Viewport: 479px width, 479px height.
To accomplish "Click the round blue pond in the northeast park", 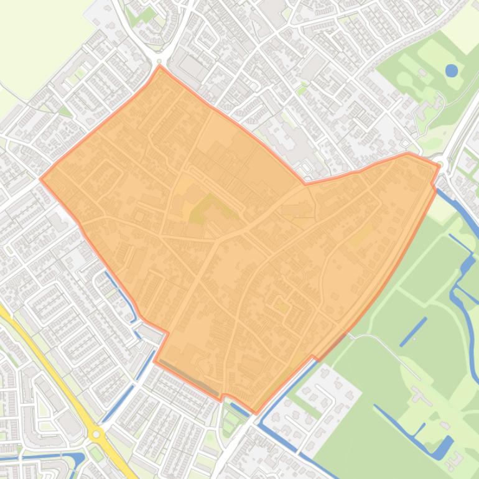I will click(x=451, y=70).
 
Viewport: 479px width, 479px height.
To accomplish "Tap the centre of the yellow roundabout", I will click(x=96, y=434).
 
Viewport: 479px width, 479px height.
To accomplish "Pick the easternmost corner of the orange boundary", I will click(x=439, y=165).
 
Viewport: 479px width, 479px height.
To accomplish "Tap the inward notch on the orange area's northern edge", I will click(x=305, y=184).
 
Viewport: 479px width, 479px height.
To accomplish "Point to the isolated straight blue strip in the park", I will click(x=413, y=332).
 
